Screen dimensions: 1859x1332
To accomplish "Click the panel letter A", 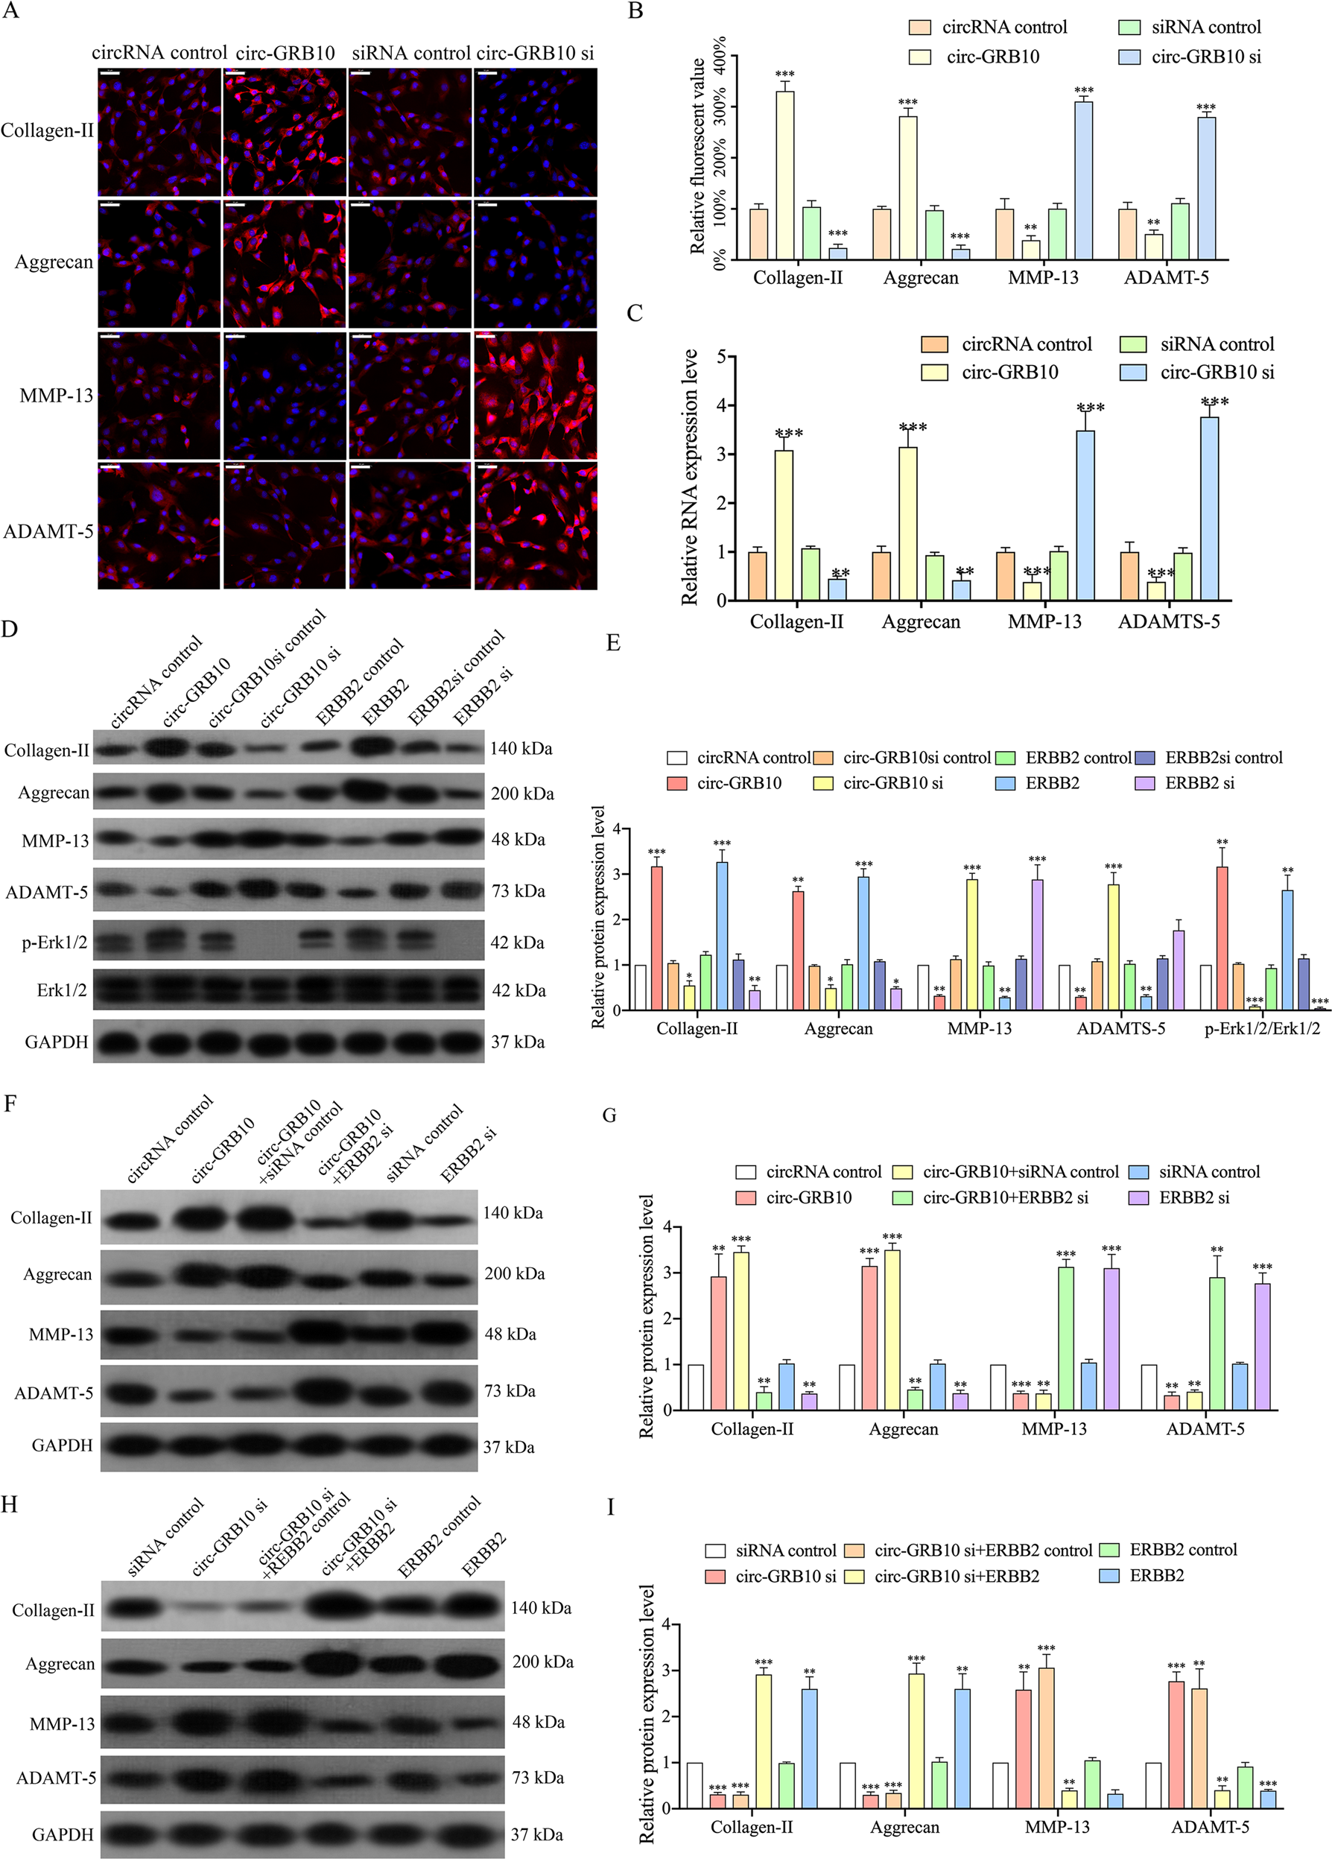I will click(10, 11).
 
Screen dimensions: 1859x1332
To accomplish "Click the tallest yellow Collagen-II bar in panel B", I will click(784, 174).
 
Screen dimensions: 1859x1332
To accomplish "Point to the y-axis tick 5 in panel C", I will click(720, 357).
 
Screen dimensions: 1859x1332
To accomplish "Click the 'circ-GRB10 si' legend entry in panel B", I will click(1205, 57).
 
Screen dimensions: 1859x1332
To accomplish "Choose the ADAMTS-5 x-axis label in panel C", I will click(1168, 621).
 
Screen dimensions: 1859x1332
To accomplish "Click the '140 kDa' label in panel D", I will click(521, 748).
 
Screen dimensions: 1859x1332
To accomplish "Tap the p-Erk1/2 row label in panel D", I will click(54, 943).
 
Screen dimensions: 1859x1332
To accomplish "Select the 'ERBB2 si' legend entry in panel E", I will click(1199, 783).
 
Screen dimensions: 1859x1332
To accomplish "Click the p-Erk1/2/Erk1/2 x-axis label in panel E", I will click(1261, 1029).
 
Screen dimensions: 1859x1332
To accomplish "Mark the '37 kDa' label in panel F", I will click(508, 1447).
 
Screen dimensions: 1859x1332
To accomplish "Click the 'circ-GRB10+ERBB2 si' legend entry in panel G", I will click(1005, 1197).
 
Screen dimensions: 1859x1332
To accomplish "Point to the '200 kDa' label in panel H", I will click(542, 1662).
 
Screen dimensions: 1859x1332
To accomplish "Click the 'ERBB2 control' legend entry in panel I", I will click(1182, 1549).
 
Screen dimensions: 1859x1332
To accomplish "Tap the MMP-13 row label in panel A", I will click(56, 396).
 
